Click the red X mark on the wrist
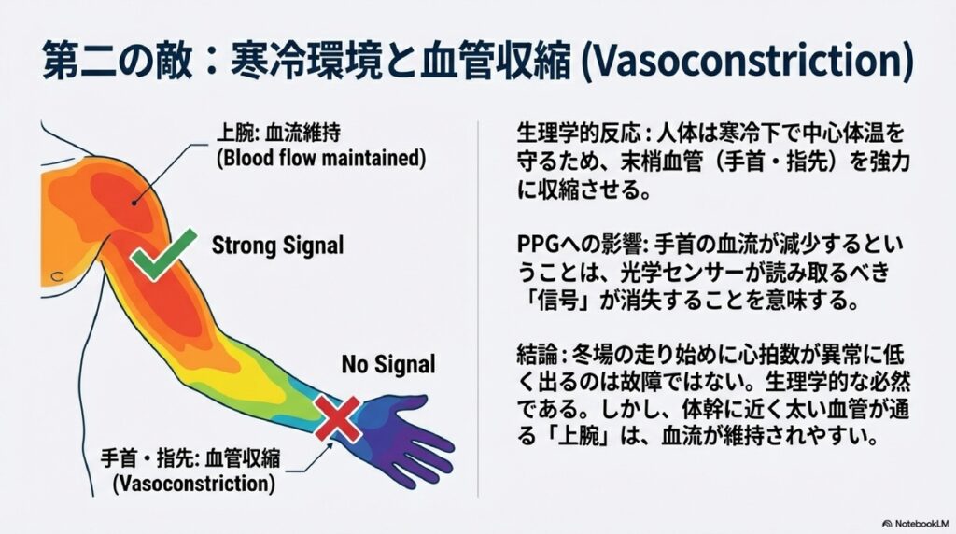[336, 416]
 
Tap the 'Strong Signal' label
[277, 246]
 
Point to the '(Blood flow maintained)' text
[319, 159]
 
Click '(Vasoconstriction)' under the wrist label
[193, 485]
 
